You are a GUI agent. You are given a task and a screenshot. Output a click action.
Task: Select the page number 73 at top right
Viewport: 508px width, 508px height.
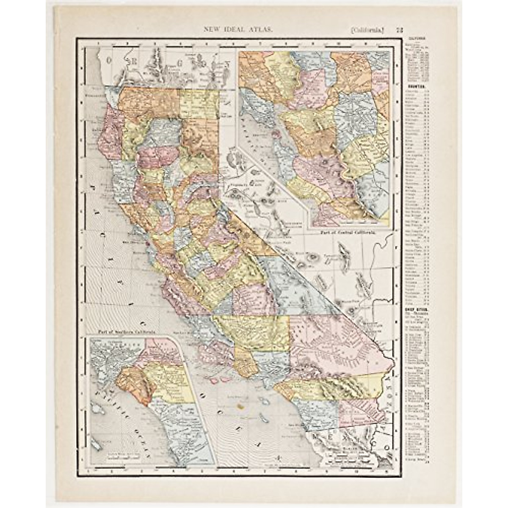399,29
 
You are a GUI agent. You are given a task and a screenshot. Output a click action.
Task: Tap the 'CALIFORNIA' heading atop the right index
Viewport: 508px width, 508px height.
416,38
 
